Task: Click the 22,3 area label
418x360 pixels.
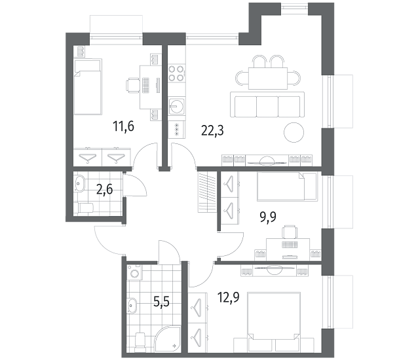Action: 212,130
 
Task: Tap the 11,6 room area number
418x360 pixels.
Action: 123,126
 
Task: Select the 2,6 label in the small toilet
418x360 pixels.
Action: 104,190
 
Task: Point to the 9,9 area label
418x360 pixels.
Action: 268,217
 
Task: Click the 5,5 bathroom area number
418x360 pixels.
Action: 162,302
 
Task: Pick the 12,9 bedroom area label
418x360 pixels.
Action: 228,297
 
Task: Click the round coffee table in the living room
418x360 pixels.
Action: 294,132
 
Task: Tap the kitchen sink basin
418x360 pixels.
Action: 176,106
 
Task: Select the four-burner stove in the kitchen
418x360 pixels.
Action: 176,73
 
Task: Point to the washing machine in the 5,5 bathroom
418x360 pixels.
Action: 134,272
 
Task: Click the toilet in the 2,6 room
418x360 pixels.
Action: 83,208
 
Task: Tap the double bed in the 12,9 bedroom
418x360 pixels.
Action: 274,316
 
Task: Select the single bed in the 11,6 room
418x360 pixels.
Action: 88,87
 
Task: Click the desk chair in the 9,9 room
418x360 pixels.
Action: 290,232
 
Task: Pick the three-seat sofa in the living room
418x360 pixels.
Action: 267,105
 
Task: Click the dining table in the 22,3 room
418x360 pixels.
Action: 268,79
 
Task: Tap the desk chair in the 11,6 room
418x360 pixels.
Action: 133,85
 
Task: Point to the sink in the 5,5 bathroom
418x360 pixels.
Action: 132,306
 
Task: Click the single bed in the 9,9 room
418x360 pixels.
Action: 287,187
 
